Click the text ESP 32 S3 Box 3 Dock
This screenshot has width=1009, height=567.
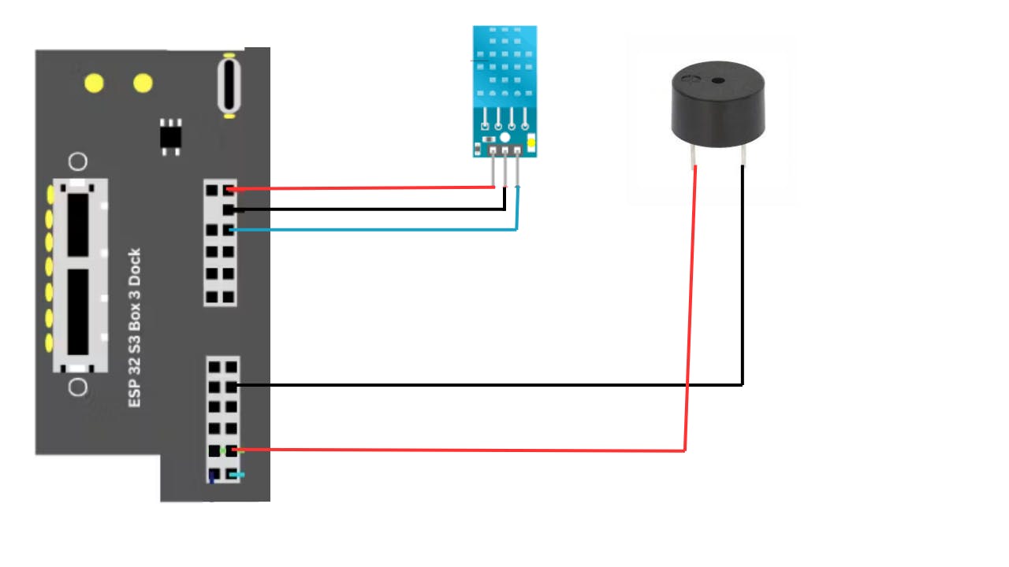click(135, 328)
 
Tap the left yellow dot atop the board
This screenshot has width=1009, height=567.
click(95, 83)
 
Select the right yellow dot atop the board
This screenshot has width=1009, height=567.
click(143, 83)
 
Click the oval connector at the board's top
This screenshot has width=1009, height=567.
click(229, 85)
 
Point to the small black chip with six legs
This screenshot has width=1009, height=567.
click(169, 136)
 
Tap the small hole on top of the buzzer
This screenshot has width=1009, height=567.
click(717, 80)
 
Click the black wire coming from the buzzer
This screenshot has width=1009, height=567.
click(489, 385)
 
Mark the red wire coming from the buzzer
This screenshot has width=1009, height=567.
click(473, 450)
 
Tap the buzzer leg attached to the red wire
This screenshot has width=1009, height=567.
click(694, 157)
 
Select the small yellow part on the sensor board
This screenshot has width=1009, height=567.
click(531, 143)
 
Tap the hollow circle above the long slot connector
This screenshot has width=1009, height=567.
click(78, 162)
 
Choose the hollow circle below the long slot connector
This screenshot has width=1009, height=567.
click(78, 387)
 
